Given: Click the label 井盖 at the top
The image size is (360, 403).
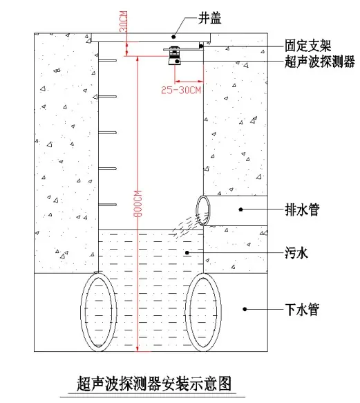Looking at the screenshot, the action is click(x=209, y=18).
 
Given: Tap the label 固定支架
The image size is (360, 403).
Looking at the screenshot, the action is click(x=307, y=46).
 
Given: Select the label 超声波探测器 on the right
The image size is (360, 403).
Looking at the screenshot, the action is click(x=320, y=62).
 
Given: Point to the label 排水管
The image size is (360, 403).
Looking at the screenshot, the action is click(x=302, y=209).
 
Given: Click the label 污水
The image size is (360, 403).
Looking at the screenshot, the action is click(x=296, y=253).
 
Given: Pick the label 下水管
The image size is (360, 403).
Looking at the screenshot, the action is click(x=302, y=309).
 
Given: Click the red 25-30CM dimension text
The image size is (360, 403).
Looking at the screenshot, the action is click(x=181, y=91).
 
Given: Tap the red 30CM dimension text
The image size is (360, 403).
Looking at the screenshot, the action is click(x=124, y=21).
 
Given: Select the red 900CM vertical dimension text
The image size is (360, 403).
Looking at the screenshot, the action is click(x=138, y=203).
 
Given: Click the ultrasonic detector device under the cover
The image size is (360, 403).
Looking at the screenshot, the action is click(x=175, y=56).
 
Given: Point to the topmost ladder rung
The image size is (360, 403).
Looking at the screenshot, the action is click(x=108, y=61).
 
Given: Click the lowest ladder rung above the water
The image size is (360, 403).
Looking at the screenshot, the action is click(x=108, y=205).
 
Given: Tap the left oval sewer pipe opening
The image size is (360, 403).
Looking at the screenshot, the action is click(x=99, y=312).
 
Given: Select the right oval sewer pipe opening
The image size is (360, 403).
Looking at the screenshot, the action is click(x=203, y=312).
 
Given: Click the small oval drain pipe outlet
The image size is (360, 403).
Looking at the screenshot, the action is click(x=203, y=211).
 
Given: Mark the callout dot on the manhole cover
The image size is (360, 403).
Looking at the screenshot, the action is click(x=173, y=37).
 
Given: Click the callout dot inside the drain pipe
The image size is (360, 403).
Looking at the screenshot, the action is click(x=240, y=209).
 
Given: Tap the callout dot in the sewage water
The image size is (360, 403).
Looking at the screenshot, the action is click(x=187, y=253).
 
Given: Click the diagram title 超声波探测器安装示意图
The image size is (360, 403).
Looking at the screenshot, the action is click(x=153, y=384).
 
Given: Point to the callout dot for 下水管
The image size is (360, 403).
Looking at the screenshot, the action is click(x=245, y=309).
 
